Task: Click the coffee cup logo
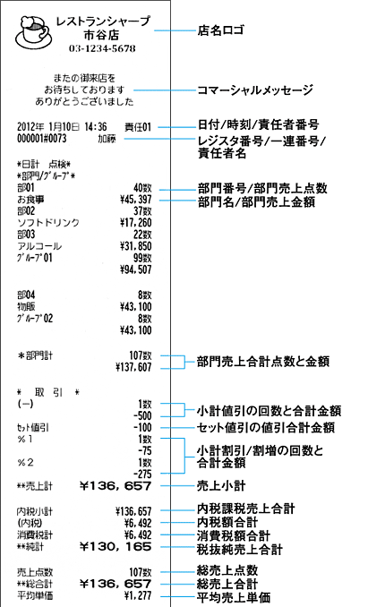pos(33,32)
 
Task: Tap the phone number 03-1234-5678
pos(102,48)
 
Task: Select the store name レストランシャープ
pos(103,21)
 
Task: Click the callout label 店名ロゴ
pos(220,30)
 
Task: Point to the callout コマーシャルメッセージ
pos(255,90)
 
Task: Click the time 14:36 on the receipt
pos(96,127)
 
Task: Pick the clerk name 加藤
pos(107,139)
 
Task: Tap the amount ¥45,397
pos(135,200)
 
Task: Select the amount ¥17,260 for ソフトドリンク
pos(135,223)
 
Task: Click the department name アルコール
pos(39,246)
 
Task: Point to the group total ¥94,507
pos(135,269)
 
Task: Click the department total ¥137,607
pos(133,367)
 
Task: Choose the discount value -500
pos(142,416)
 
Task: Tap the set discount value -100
pos(142,428)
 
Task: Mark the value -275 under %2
pos(142,474)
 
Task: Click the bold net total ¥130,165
pos(116,547)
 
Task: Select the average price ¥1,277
pos(138,595)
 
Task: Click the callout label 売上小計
pos(221,486)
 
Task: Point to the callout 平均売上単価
pos(234,597)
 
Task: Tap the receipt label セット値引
pos(33,428)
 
